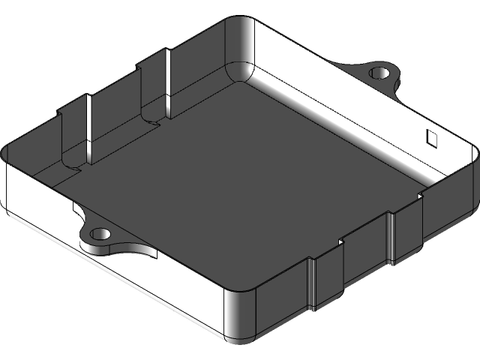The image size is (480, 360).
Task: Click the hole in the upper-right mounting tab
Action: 380,73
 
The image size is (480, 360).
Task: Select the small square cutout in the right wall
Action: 432,136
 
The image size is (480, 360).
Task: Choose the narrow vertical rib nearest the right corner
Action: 391,238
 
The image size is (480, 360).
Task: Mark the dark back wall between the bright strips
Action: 124,112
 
